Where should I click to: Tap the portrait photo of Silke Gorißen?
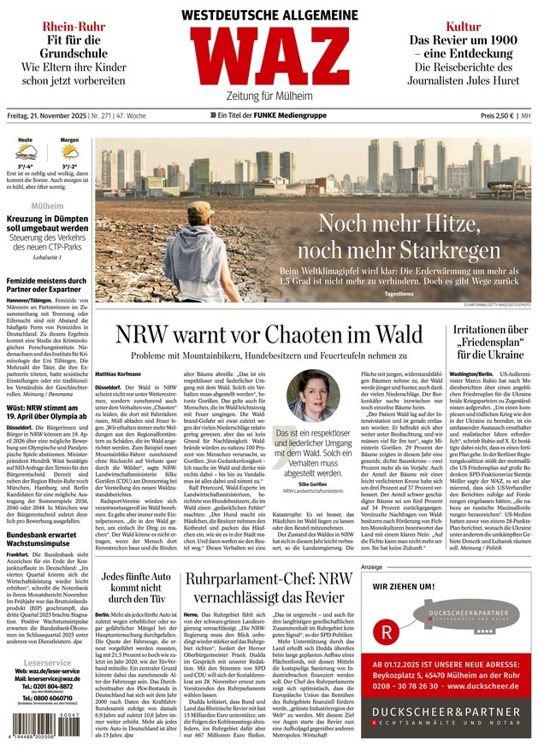pyautogui.click(x=314, y=399)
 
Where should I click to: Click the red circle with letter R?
pyautogui.click(x=389, y=633)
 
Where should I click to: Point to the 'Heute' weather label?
pyautogui.click(x=26, y=139)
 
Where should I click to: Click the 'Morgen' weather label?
pyautogui.click(x=69, y=139)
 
